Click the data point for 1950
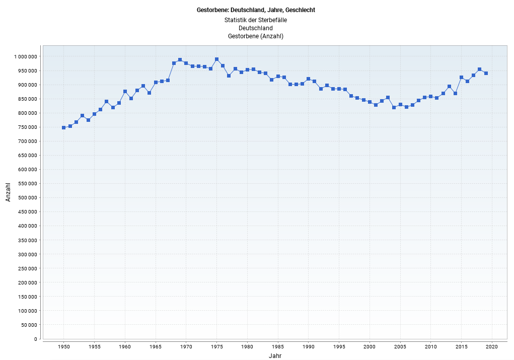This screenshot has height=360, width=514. (x=63, y=127)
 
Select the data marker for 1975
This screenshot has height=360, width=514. (x=216, y=59)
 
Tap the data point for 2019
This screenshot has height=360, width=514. (x=486, y=73)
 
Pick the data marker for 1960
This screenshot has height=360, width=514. (x=125, y=92)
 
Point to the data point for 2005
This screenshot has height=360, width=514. (x=400, y=105)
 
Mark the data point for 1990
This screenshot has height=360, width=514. (x=308, y=79)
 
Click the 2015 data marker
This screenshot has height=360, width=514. (x=461, y=77)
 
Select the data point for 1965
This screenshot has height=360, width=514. (x=156, y=82)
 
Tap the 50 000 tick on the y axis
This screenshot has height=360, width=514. (x=28, y=325)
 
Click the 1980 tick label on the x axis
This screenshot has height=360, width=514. (x=247, y=346)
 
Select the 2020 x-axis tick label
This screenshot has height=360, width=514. (x=492, y=346)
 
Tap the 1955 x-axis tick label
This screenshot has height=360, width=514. (x=94, y=346)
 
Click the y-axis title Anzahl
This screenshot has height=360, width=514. (x=8, y=192)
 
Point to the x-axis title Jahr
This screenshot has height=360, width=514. (x=275, y=355)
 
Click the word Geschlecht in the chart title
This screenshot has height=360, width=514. (x=300, y=10)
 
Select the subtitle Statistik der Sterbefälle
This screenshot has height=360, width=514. (x=256, y=20)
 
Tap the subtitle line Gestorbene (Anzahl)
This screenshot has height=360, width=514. (x=256, y=36)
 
